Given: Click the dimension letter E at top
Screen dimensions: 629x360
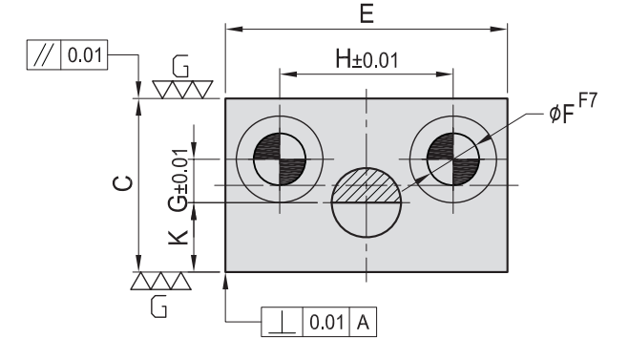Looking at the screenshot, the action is point(367,13).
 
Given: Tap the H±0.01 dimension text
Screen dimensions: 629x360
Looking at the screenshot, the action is point(367,59).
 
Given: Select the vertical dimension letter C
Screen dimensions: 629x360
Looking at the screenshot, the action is point(123,183).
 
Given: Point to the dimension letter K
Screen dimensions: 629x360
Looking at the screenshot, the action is point(178,237).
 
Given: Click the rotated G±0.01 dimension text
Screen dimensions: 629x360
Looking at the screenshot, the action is point(178,180).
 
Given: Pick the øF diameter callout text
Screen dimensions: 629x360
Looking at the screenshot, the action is point(561,114).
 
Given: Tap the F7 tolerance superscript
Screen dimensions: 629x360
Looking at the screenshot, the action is point(588,100).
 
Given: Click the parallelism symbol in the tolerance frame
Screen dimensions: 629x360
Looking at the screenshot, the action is point(44,54).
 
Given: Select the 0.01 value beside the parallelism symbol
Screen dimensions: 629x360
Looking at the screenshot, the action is point(85,55).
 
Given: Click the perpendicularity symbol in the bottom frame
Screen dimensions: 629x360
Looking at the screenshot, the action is point(283,323).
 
